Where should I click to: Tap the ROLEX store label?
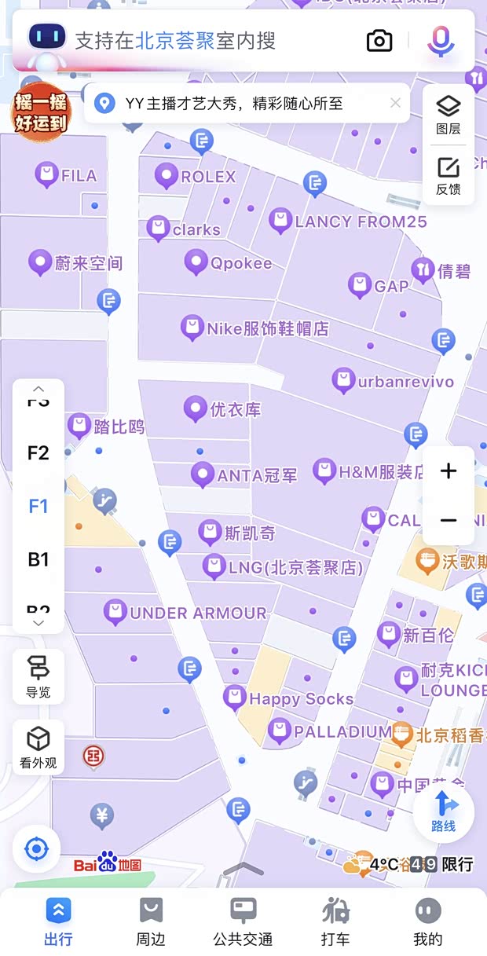pos(207,177)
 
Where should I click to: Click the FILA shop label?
pos(78,175)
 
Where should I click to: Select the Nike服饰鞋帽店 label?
pos(267,328)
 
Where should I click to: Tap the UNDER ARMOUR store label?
pos(197,613)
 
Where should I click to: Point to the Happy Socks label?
pos(300,698)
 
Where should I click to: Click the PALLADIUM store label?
pos(342,732)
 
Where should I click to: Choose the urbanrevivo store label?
pos(405,382)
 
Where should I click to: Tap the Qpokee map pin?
pos(196,262)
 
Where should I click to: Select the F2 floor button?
pos(38,452)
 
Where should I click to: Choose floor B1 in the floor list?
pos(38,559)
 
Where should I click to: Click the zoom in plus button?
pos(449,471)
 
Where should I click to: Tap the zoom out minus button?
pos(449,520)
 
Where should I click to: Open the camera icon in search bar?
pos(379,41)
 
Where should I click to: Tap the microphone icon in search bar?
pos(441,41)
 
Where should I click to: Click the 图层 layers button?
pos(449,115)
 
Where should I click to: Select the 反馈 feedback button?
pos(449,176)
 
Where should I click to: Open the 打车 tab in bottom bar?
pos(335,921)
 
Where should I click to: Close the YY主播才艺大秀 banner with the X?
pos(395,103)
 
